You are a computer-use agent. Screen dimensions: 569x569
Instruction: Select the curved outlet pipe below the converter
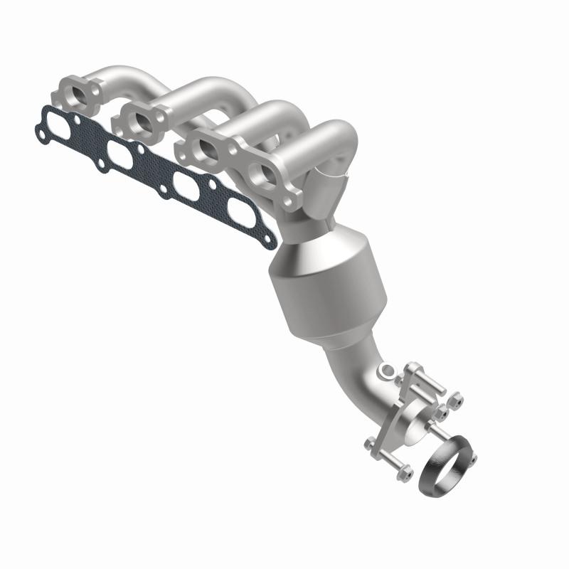(x=363, y=377)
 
